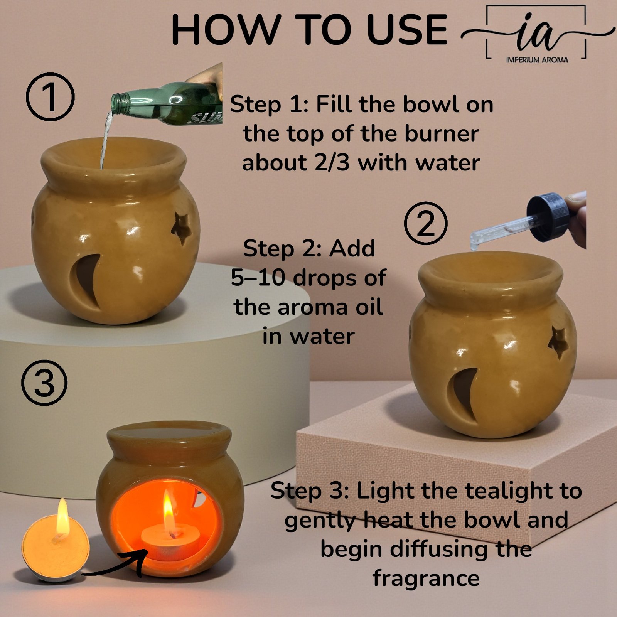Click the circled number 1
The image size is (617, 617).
tap(50, 96)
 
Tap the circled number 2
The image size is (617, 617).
tap(426, 223)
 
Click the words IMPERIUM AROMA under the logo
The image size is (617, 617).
tap(537, 60)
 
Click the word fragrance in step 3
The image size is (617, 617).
tap(426, 578)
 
